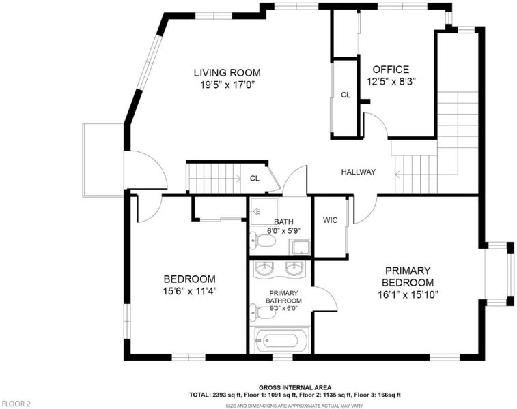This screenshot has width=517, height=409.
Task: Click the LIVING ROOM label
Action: coord(227,72)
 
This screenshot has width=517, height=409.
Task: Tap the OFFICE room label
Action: coord(391,70)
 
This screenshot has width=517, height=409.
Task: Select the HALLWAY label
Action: coord(359,172)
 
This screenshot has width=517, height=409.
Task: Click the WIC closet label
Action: coord(330,220)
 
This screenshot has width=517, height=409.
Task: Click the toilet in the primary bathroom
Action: coord(263,312)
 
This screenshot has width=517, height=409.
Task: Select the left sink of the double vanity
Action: coord(265,269)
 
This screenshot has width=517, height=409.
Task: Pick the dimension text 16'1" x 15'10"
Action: coord(408,294)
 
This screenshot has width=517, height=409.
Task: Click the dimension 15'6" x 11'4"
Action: coord(190,291)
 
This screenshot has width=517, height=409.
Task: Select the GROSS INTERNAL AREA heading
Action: coord(295,388)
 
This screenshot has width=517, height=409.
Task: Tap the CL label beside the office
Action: coord(346,95)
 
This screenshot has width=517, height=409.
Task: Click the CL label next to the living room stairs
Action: coord(255,179)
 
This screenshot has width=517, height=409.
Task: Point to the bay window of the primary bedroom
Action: coord(499,275)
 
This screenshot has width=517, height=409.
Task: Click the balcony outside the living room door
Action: coord(103,160)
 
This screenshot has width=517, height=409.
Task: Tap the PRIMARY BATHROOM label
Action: coord(283,297)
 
